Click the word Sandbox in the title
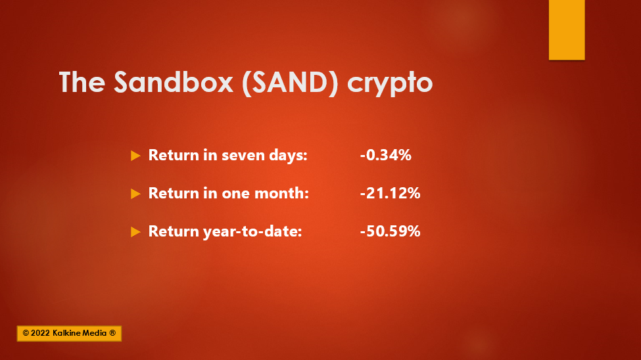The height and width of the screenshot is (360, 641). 174,81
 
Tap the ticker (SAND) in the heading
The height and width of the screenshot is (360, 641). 290,83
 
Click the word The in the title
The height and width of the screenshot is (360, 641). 82,81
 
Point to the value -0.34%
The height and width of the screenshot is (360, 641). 385,155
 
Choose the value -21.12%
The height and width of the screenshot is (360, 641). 390,193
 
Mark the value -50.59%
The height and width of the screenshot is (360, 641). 390,231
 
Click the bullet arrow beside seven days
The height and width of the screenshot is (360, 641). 135,156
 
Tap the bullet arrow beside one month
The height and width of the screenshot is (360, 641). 135,194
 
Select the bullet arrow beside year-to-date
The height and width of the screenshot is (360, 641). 135,232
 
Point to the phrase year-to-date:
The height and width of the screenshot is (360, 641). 252,232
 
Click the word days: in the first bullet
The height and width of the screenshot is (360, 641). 288,156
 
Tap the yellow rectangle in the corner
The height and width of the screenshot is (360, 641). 567,30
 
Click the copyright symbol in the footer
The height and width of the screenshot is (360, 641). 26,334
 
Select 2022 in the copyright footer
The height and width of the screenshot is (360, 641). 40,333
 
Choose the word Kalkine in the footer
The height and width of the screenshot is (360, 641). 68,333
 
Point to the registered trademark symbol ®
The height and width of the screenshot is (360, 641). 112,333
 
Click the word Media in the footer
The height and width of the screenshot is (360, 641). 95,333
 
